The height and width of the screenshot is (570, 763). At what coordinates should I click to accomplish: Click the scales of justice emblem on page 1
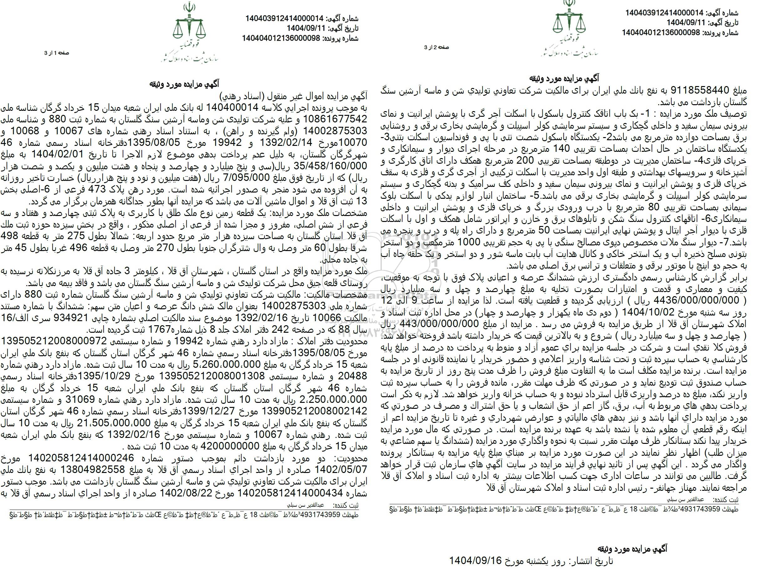[x=189, y=27]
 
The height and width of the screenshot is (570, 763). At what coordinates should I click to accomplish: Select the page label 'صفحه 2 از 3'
[x=436, y=48]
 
